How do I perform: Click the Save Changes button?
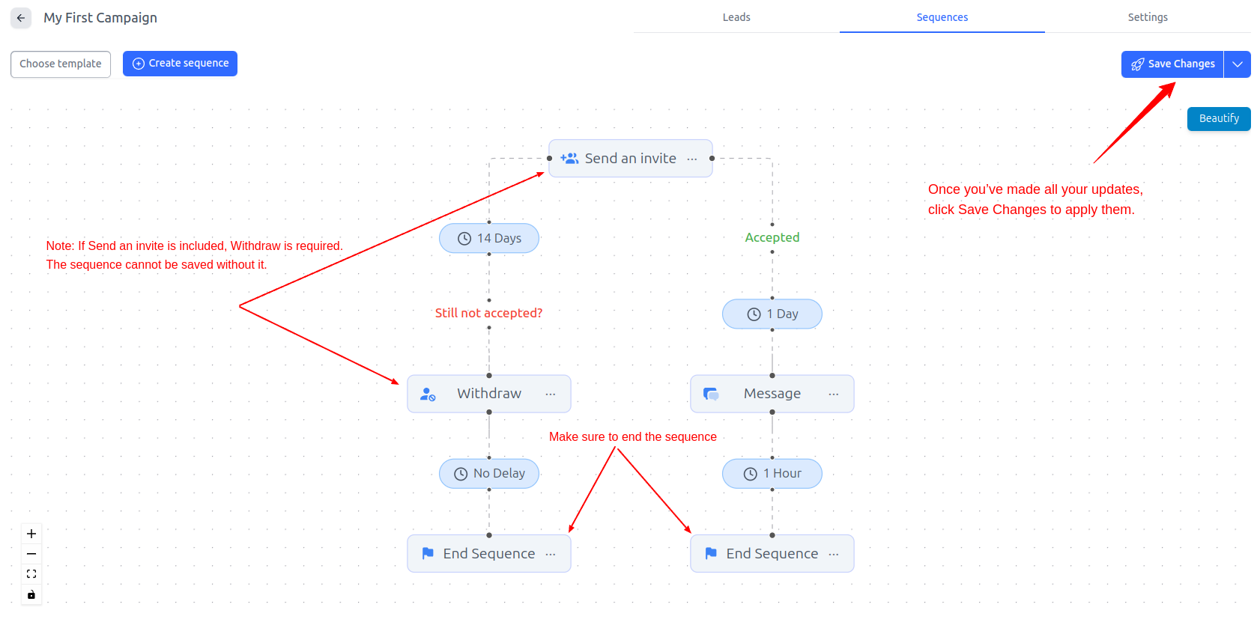1172,64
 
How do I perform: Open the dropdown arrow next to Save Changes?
1238,64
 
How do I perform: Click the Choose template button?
61,64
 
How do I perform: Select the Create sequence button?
180,64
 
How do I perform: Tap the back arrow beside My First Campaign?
21,18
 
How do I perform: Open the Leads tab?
736,17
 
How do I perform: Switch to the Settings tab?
1147,17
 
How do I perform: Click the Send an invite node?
630,159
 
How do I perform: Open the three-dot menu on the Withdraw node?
551,394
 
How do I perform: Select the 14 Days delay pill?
489,239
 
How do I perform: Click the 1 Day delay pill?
772,314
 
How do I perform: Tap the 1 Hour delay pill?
772,474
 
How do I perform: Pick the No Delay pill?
489,474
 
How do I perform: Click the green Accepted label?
772,237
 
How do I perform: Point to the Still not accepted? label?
488,313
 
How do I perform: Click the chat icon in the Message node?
711,394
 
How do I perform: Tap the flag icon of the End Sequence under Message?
711,554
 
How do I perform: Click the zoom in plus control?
31,534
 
